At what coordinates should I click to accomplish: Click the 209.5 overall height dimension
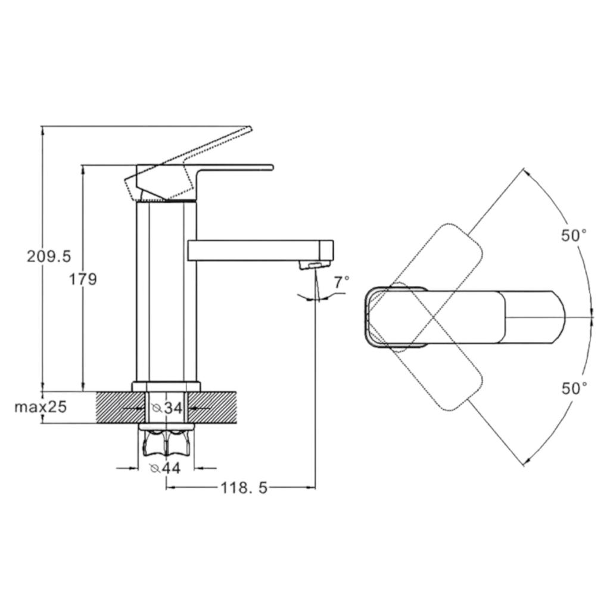coord(49,256)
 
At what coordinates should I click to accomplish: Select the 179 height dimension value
coord(83,279)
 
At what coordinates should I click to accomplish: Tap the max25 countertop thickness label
coord(41,407)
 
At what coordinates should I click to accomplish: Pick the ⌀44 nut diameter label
coord(166,468)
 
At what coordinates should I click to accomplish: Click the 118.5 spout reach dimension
coord(244,487)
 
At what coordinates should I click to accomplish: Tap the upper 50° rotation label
coord(574,235)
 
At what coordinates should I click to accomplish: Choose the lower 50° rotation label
coord(574,388)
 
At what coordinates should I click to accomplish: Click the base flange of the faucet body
coord(167,386)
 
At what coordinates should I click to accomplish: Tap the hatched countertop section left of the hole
coord(120,407)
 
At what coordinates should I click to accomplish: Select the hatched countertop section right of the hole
coord(213,407)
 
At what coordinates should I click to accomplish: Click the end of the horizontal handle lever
coord(272,167)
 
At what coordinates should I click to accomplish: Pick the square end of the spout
coord(326,251)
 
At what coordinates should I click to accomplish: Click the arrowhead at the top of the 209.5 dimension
coord(42,129)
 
